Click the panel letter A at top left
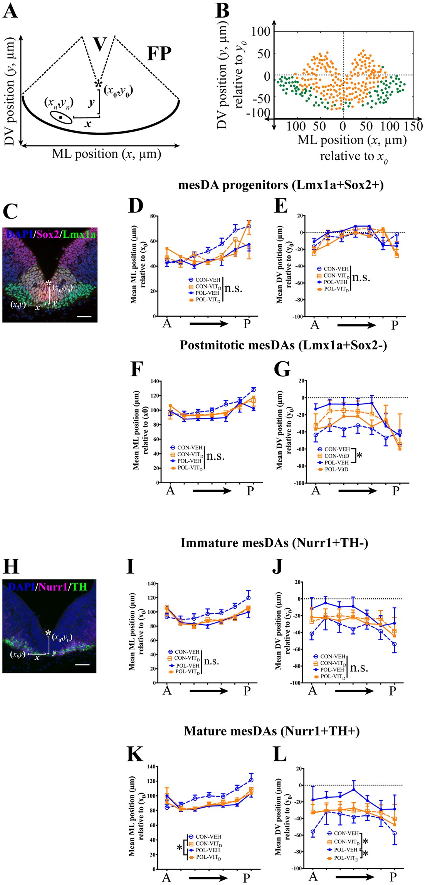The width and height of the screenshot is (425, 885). tap(10, 11)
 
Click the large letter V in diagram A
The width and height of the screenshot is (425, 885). tap(100, 44)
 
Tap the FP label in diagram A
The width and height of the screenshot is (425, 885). tap(159, 54)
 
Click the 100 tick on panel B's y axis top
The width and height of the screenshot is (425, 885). tap(260, 32)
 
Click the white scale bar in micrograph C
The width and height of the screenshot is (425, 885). tap(86, 317)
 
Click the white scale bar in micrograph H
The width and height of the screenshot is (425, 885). tap(82, 664)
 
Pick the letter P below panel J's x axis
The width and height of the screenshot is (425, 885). tap(392, 691)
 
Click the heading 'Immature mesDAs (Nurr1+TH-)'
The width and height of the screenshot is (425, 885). tap(274, 543)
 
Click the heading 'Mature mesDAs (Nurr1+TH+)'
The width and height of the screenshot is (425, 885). tap(272, 731)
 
